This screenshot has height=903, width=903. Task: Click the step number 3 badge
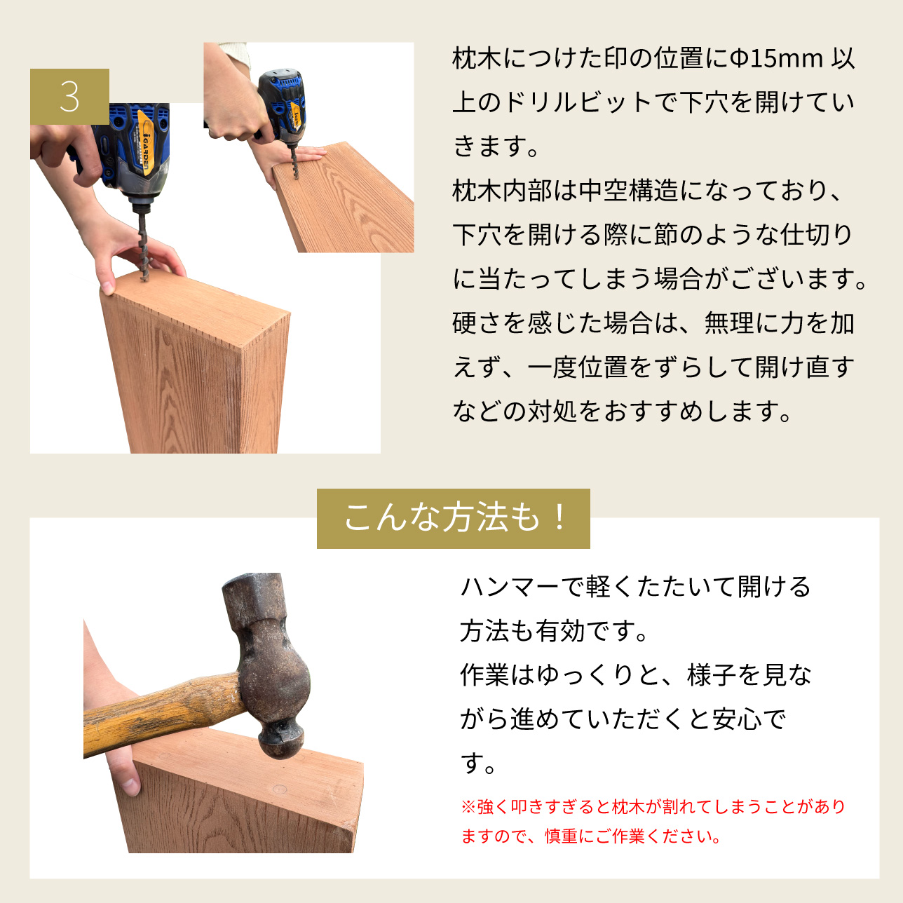[x=69, y=97]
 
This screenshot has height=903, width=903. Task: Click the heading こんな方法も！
[x=453, y=518]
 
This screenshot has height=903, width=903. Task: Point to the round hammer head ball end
[x=281, y=742]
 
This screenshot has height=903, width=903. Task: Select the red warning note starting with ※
[x=653, y=822]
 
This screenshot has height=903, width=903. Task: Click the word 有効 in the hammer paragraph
[x=560, y=631]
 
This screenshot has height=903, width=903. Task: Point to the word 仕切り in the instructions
[x=816, y=235]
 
